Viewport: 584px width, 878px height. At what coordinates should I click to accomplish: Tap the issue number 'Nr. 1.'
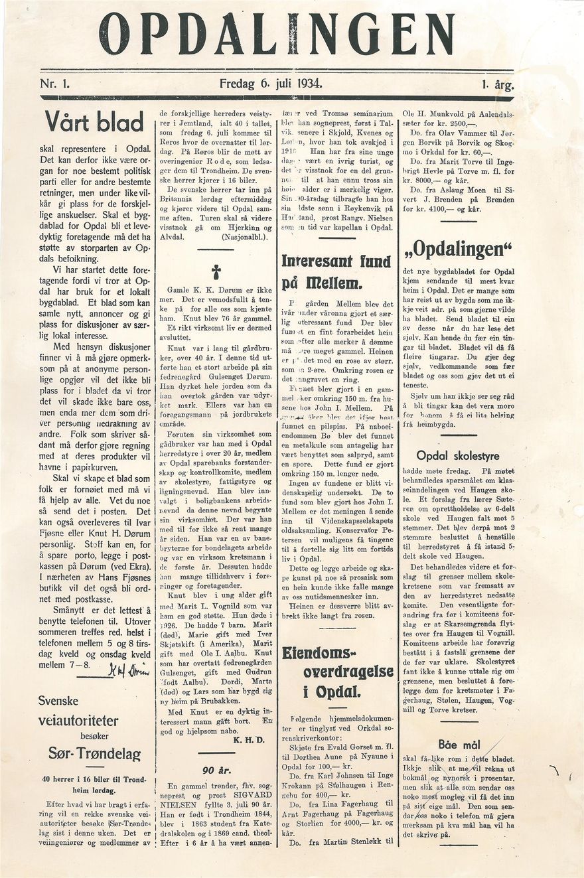(x=59, y=84)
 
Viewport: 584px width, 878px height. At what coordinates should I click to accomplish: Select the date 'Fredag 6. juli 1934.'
(x=271, y=84)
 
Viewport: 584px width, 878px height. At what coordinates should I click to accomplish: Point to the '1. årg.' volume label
(x=494, y=85)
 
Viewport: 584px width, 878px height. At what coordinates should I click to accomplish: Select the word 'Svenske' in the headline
(x=58, y=701)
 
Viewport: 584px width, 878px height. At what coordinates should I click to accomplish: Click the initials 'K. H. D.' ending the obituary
(x=249, y=739)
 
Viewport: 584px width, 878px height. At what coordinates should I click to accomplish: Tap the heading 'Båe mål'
(x=459, y=744)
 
